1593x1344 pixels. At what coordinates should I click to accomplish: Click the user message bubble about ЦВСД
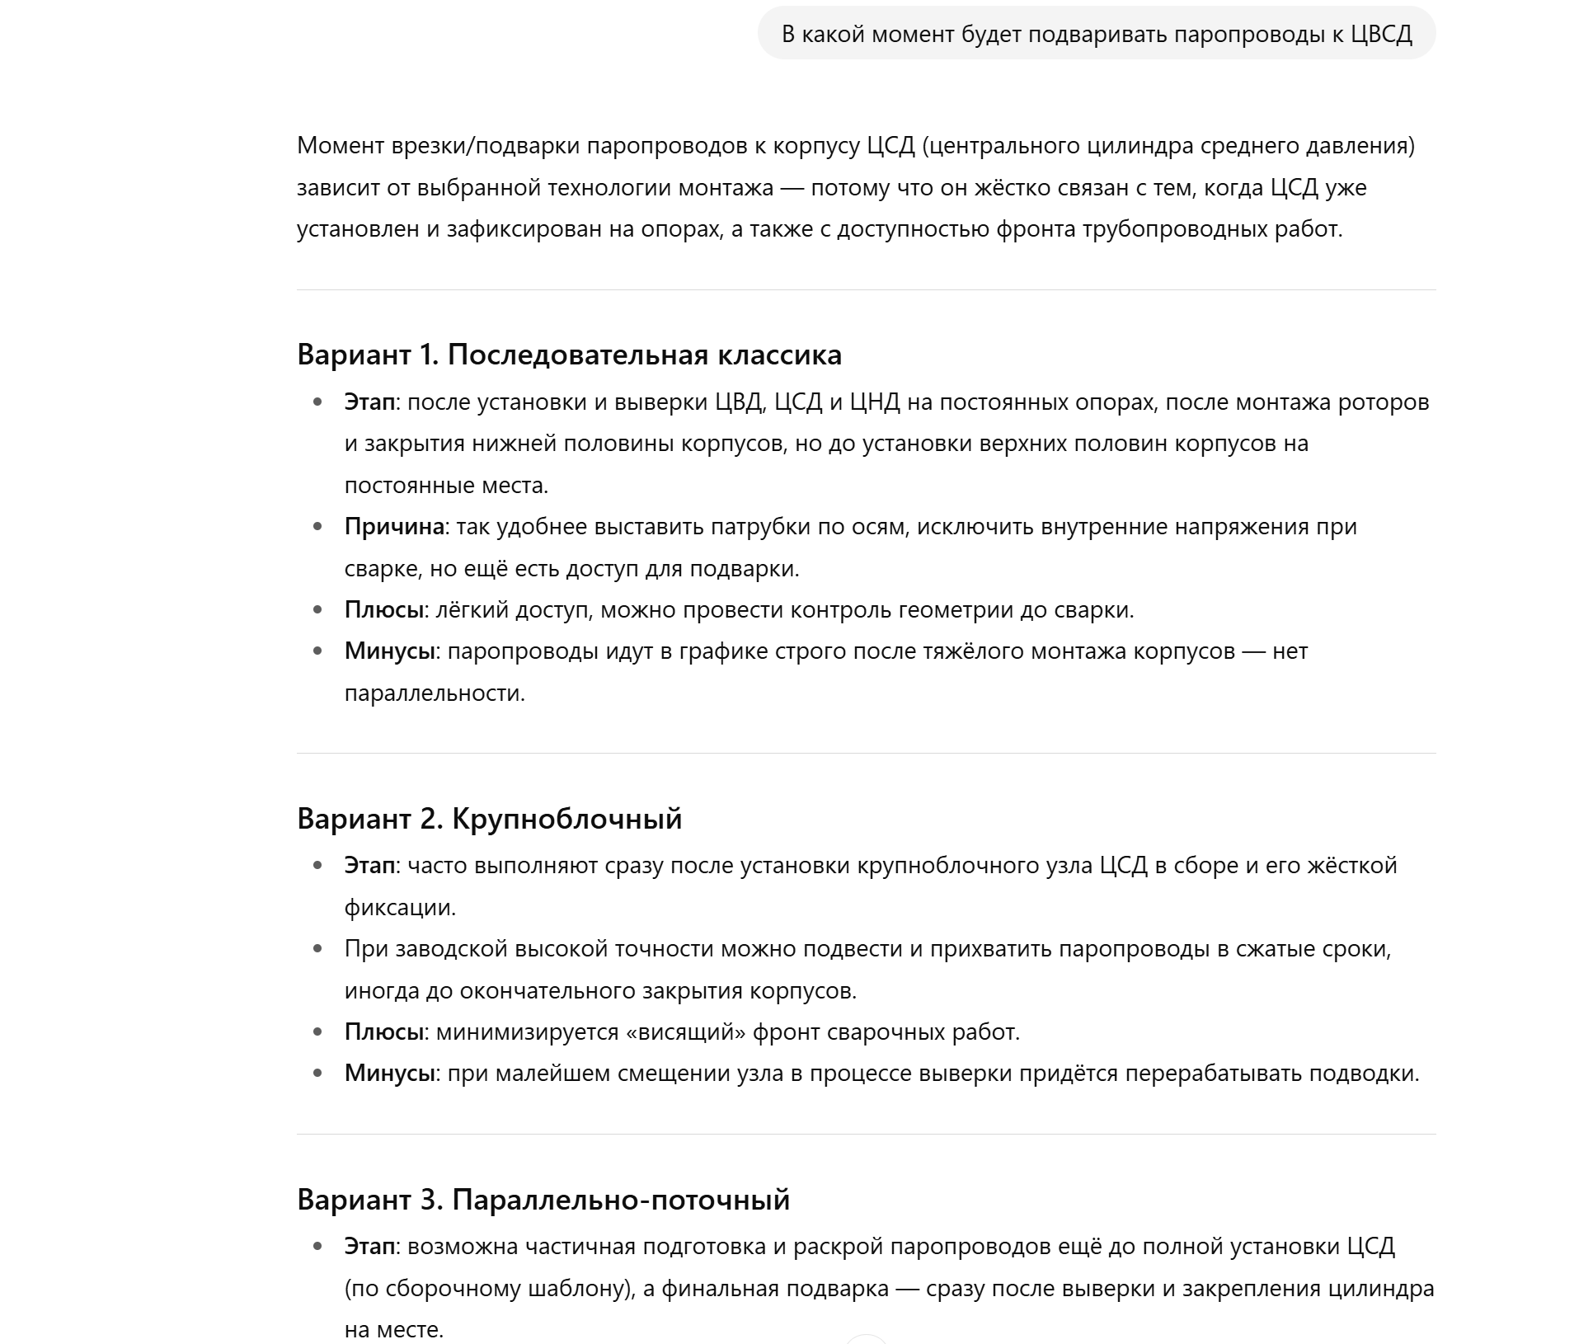[x=1096, y=34]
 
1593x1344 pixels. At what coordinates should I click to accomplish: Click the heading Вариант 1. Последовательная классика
[x=569, y=355]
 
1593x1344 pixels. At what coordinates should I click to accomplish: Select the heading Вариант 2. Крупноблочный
[x=489, y=818]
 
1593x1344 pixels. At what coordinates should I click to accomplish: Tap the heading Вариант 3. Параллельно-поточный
[x=543, y=1199]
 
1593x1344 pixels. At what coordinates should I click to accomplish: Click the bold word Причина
[x=394, y=526]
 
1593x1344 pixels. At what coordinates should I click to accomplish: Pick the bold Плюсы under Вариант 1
[x=383, y=609]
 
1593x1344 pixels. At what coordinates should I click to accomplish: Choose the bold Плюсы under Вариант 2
[x=383, y=1031]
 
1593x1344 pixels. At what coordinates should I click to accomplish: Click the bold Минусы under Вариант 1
[x=389, y=651]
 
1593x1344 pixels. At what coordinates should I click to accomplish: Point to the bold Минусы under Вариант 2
[x=389, y=1073]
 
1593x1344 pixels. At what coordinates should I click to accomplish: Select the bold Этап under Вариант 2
[x=369, y=865]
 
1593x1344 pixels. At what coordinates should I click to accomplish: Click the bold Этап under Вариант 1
[x=369, y=402]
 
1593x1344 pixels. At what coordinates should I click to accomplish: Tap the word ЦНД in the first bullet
[x=875, y=402]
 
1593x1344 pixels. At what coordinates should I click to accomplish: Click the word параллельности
[x=434, y=693]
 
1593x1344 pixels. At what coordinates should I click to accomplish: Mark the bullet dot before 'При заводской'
[x=318, y=949]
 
